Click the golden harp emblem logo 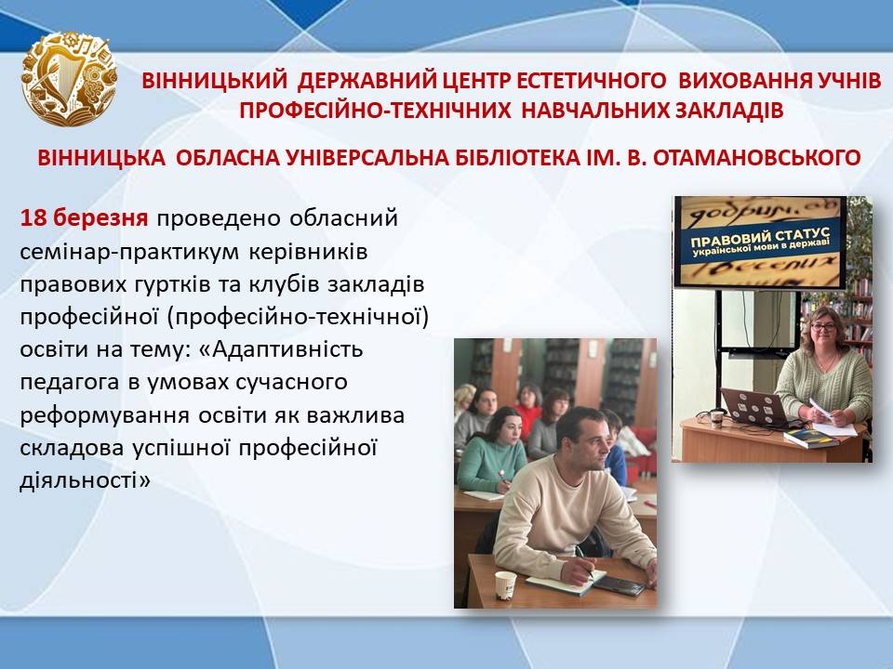point(69,78)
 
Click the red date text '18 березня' point(85,217)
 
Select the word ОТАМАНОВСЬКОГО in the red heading point(756,158)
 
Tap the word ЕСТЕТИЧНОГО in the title point(592,81)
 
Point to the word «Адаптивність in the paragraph point(281,348)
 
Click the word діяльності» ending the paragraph point(86,480)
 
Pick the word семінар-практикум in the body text point(129,252)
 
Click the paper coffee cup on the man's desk point(504,584)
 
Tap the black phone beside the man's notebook point(620,585)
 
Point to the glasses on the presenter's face point(823,327)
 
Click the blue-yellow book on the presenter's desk point(811,438)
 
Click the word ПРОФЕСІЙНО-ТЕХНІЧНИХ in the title point(375,111)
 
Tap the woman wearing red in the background point(529,408)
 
